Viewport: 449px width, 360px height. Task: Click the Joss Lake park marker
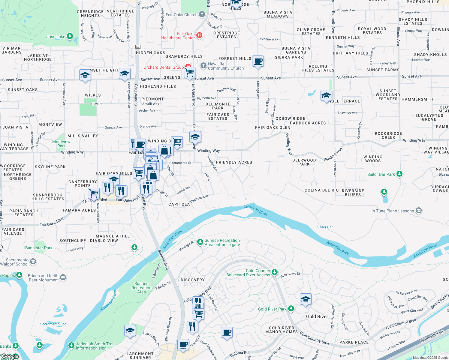click(x=70, y=36)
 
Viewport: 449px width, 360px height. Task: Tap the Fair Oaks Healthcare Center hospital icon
click(x=199, y=36)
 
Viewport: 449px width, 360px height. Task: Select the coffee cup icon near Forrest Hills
click(x=258, y=61)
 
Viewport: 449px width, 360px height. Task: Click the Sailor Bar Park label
click(x=381, y=174)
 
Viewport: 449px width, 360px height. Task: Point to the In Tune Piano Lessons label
click(x=393, y=211)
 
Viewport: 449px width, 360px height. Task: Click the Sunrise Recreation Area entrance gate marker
click(x=200, y=242)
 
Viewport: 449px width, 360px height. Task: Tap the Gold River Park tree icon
click(x=291, y=309)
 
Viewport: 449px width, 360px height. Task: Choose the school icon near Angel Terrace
click(x=326, y=96)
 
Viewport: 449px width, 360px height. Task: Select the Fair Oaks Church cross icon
click(x=202, y=14)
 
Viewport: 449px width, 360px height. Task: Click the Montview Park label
click(x=61, y=144)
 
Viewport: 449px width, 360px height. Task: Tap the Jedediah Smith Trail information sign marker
click(x=71, y=346)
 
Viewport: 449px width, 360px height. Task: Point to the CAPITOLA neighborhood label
click(x=179, y=204)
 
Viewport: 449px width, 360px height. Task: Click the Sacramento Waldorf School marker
click(x=33, y=262)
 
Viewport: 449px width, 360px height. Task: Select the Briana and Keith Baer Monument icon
click(x=63, y=277)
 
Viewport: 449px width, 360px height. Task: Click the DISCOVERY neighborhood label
click(x=193, y=280)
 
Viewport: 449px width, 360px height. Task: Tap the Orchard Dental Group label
click(x=163, y=67)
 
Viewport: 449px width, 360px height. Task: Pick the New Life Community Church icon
click(x=203, y=66)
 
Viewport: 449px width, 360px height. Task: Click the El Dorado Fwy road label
click(x=432, y=337)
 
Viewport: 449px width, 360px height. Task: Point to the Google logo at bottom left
click(x=10, y=356)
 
